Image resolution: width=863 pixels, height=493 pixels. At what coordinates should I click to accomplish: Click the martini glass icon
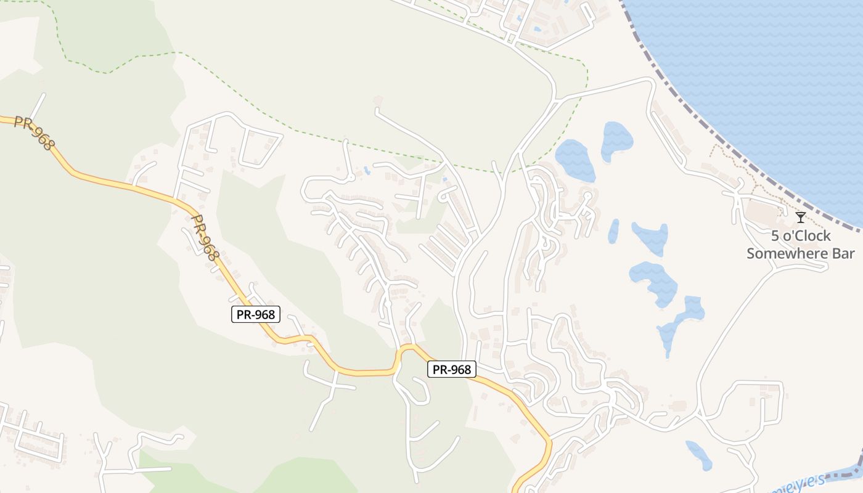[x=800, y=218]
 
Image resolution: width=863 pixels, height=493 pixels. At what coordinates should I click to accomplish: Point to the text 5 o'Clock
[x=801, y=236]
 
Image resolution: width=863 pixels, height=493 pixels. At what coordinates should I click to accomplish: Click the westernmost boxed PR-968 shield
[x=256, y=314]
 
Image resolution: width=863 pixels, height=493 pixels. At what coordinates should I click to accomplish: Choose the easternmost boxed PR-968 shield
[x=452, y=369]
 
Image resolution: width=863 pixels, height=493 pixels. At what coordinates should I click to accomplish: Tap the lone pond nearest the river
[x=698, y=455]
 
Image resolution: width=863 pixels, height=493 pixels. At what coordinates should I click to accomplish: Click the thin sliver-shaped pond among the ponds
[x=613, y=231]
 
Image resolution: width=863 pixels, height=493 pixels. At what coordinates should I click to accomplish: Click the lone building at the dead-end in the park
[x=377, y=100]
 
